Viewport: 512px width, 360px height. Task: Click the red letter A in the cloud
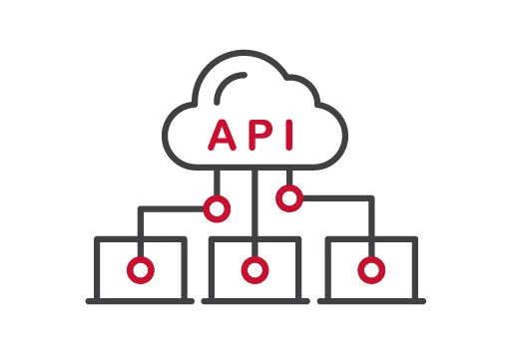pyautogui.click(x=222, y=135)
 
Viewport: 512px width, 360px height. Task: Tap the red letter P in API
pyautogui.click(x=256, y=135)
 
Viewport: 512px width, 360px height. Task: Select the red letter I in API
pyautogui.click(x=286, y=135)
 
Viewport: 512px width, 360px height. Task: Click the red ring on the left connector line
pyautogui.click(x=217, y=208)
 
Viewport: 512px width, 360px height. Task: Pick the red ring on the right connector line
pyautogui.click(x=289, y=198)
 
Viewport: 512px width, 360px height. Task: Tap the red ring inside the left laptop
pyautogui.click(x=141, y=269)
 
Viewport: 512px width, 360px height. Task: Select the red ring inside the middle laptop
pyautogui.click(x=256, y=269)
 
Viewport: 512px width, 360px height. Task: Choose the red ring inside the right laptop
pyautogui.click(x=370, y=269)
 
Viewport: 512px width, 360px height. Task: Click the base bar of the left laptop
pyautogui.click(x=141, y=300)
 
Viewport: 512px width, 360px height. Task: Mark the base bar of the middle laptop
pyautogui.click(x=256, y=300)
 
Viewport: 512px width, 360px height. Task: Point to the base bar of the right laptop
pyautogui.click(x=370, y=300)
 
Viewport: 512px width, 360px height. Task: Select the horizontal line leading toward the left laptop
pyautogui.click(x=175, y=208)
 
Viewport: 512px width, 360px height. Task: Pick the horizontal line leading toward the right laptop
pyautogui.click(x=335, y=198)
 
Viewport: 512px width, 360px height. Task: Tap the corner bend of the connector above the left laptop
pyautogui.click(x=142, y=209)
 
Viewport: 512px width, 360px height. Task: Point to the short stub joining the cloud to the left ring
pyautogui.click(x=217, y=183)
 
